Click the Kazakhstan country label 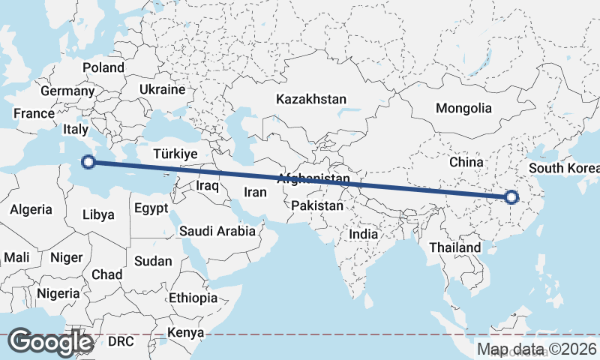(311, 99)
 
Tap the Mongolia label (463, 108)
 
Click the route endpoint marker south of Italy (88, 161)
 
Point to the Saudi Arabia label (217, 231)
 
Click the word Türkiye (174, 153)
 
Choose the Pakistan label (318, 205)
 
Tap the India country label (364, 234)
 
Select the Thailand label (455, 247)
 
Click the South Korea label (563, 168)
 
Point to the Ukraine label (162, 89)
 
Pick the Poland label (103, 67)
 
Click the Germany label (67, 91)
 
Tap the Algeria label (31, 209)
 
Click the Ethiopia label (193, 298)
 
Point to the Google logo (50, 341)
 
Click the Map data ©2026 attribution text (537, 349)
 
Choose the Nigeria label (58, 292)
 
